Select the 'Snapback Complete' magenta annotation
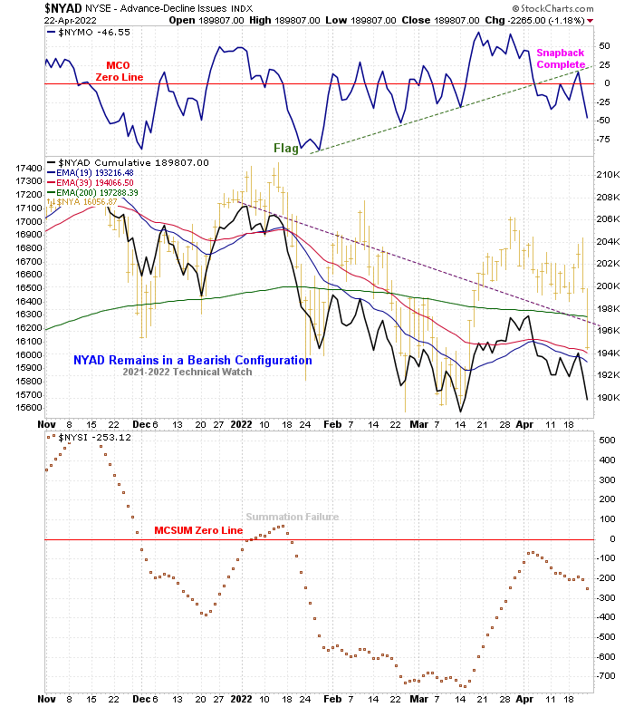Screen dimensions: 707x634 coord(561,59)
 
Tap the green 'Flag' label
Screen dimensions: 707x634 coord(286,148)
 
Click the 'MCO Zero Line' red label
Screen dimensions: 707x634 coord(118,72)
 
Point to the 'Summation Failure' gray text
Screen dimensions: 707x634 coord(293,517)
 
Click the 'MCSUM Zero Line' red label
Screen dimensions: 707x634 coord(198,530)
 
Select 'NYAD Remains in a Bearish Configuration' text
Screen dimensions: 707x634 coord(193,360)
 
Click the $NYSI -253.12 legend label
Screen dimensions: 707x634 coord(95,437)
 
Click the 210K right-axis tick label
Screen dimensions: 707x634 coord(608,175)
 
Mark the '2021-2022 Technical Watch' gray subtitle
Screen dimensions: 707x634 coord(187,372)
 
